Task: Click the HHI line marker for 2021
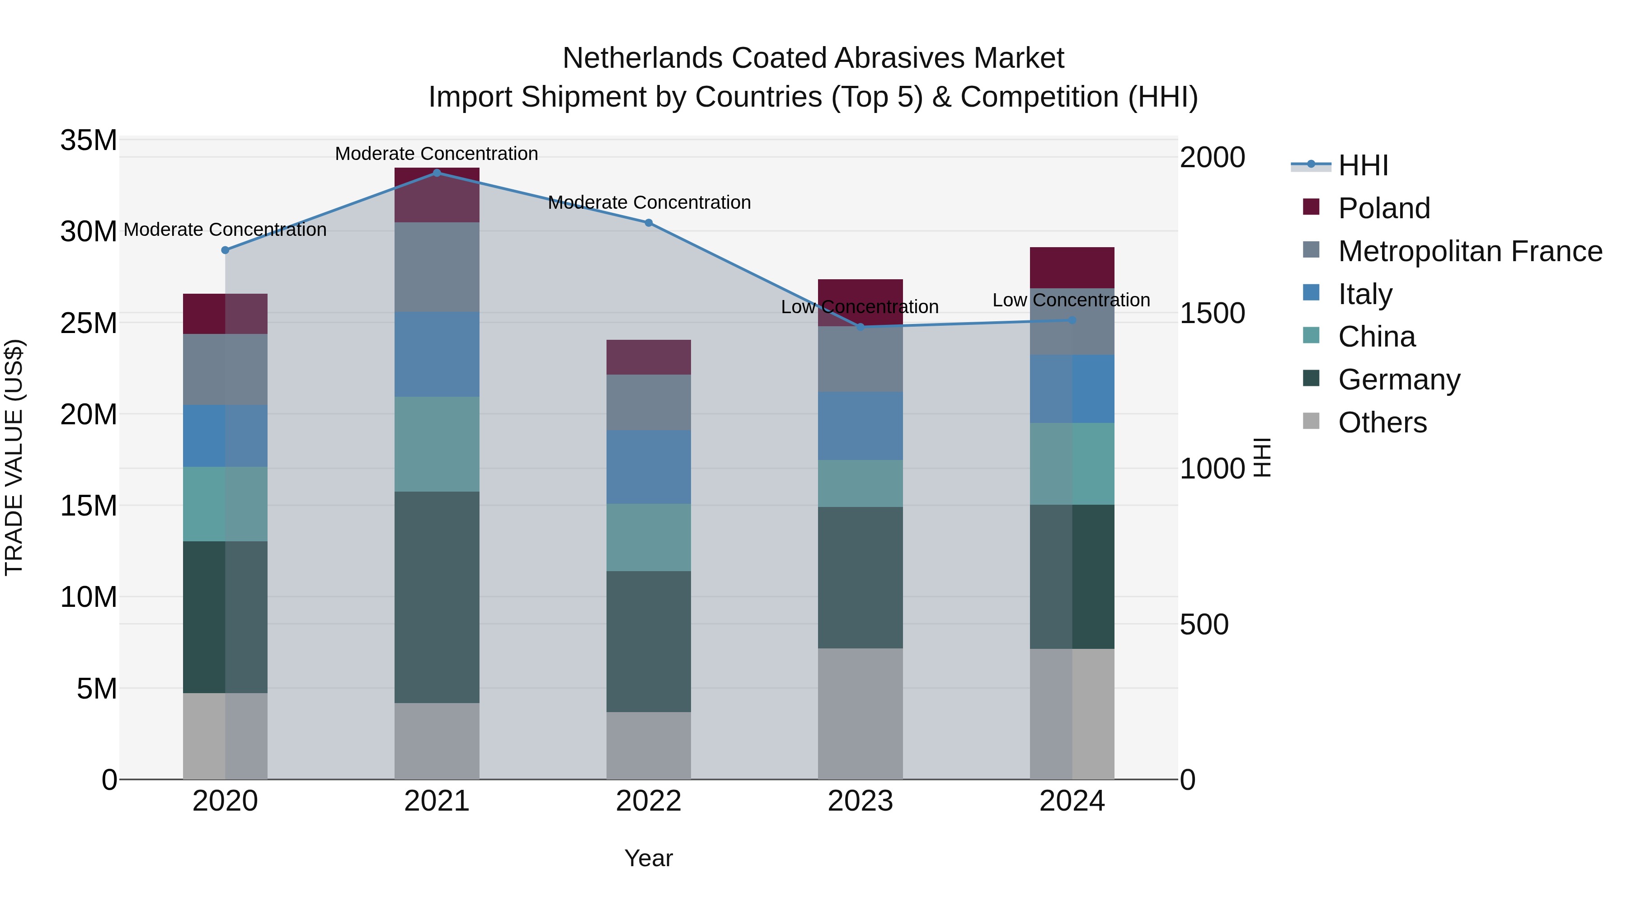[x=437, y=173]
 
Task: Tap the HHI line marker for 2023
[x=860, y=327]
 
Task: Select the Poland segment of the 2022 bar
[x=649, y=357]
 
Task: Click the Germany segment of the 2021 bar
[x=437, y=597]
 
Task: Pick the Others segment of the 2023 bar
[x=860, y=713]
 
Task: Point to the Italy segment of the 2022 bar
[x=649, y=467]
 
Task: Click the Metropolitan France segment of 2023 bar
[x=860, y=359]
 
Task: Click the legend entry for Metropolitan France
[x=1470, y=251]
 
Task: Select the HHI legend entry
[x=1362, y=165]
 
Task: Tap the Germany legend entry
[x=1399, y=380]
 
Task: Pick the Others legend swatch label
[x=1382, y=422]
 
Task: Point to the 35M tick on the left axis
[x=89, y=140]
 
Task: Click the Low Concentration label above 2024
[x=1071, y=300]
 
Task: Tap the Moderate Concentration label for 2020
[x=225, y=230]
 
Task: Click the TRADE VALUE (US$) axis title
[x=14, y=457]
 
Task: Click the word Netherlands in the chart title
[x=642, y=58]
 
